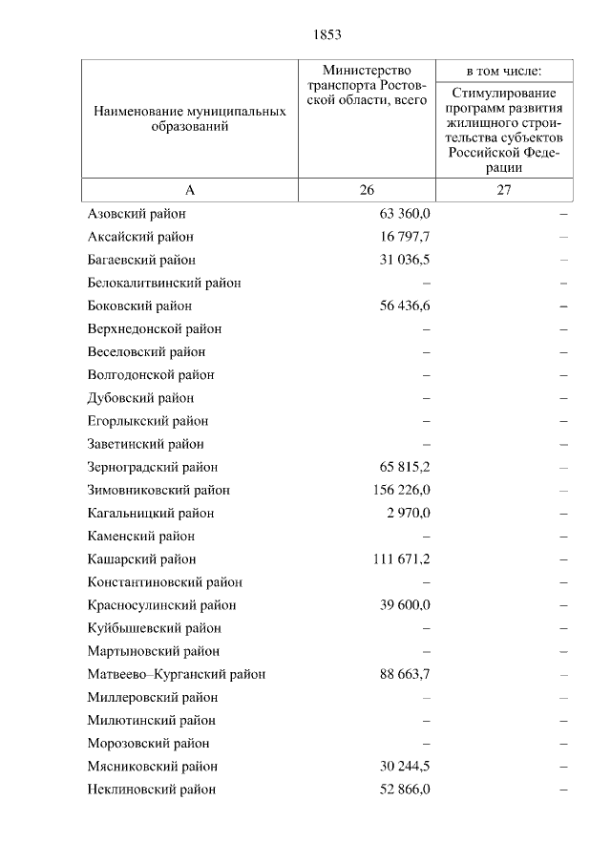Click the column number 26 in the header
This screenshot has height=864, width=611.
coord(368,190)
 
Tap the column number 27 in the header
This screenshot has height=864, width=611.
coord(504,190)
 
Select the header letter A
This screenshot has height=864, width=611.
coord(190,190)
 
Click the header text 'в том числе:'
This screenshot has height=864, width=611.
coord(504,71)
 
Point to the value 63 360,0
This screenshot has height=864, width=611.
coord(405,214)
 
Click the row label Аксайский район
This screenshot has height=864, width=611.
coord(140,237)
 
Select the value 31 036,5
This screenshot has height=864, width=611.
coord(405,260)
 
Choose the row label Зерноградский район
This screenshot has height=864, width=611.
coord(152,467)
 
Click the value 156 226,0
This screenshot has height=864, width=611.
coord(401,490)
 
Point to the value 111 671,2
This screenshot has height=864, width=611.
coord(401,559)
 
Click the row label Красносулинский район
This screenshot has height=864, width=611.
coord(161,605)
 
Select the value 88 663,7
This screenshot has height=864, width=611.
coord(405,674)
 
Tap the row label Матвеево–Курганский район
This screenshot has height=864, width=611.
coord(176,674)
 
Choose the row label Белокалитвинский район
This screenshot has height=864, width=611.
coord(163,283)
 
